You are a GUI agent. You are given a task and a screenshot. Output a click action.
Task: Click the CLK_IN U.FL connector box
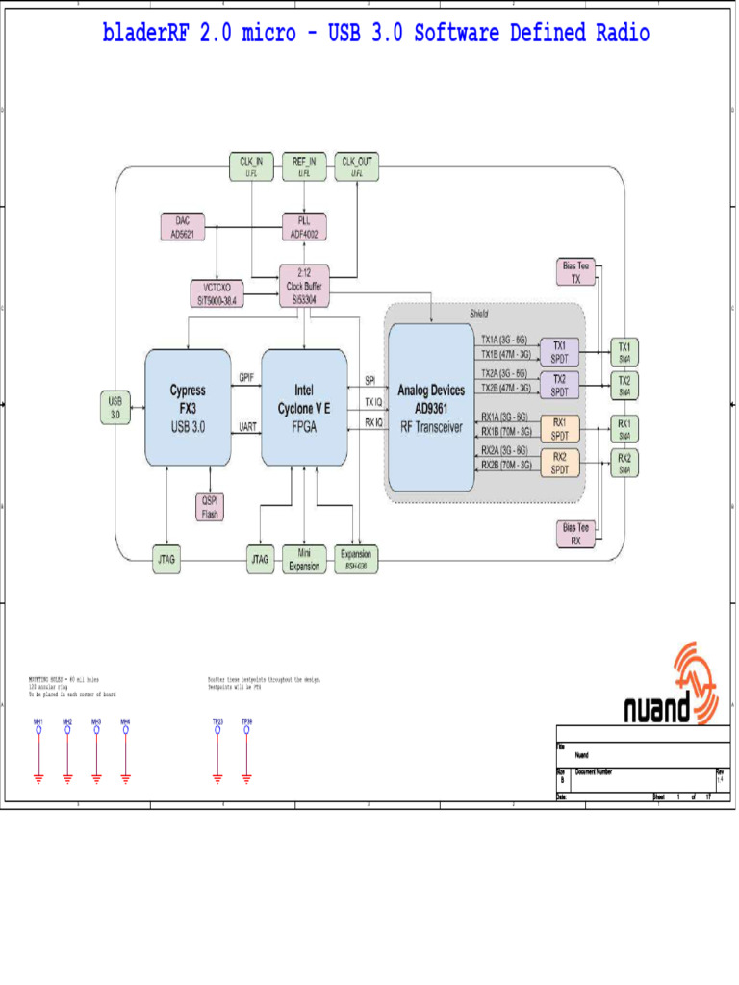(x=252, y=166)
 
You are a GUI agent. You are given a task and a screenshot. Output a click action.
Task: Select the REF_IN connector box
(x=305, y=166)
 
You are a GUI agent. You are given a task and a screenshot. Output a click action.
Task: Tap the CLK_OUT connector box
(x=357, y=166)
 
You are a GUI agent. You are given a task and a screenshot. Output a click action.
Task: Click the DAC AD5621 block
(x=189, y=226)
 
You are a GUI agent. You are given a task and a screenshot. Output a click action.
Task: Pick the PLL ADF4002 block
(x=304, y=226)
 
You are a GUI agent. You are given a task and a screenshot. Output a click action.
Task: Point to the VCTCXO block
(x=217, y=293)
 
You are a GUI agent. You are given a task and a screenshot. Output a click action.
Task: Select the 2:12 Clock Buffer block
(x=304, y=286)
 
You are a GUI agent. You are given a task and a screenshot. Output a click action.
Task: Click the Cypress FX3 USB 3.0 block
(x=188, y=408)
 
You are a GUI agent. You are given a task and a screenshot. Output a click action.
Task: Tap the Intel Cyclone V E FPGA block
(x=304, y=408)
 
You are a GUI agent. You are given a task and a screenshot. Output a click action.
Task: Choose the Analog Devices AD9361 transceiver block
(x=430, y=408)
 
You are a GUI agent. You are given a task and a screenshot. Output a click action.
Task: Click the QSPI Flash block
(x=210, y=507)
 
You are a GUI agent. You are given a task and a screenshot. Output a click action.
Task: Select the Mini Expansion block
(x=304, y=559)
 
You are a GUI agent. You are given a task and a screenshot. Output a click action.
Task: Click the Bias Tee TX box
(x=576, y=271)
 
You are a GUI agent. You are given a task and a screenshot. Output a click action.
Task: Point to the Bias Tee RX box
(x=576, y=534)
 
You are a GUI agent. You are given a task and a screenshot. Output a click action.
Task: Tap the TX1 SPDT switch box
(x=559, y=352)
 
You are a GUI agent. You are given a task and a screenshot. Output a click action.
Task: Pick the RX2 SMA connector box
(x=624, y=463)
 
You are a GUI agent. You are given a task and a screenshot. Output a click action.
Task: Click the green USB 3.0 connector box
(x=115, y=408)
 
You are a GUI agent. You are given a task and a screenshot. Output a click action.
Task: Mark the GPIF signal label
(x=246, y=378)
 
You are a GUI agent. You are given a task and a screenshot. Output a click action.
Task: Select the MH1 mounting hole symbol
(x=38, y=730)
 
